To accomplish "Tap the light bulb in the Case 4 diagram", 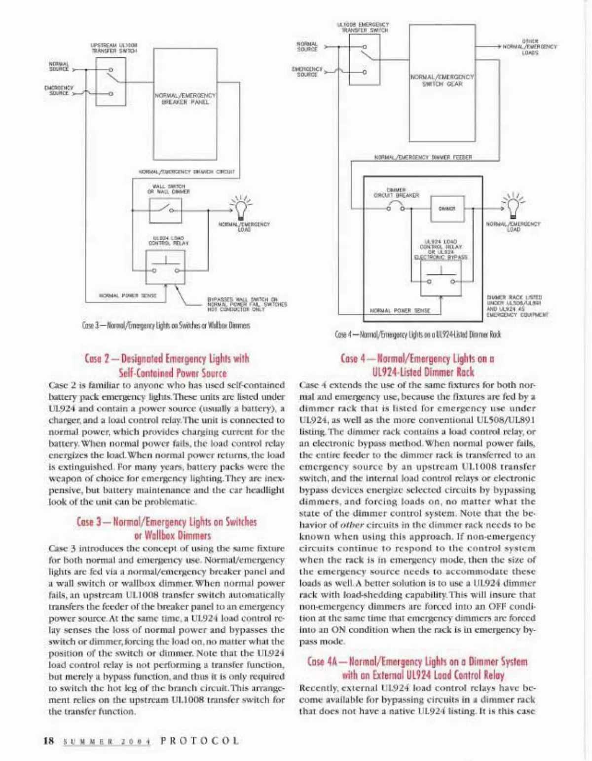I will point(513,204).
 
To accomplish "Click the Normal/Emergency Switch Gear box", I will point(442,84).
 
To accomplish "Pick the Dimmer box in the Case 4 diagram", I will point(447,208).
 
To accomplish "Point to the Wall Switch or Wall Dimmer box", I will point(165,210).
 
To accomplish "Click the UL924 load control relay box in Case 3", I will point(165,266).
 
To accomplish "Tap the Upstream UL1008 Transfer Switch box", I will point(111,81).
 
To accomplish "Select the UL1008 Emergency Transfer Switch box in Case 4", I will point(365,60).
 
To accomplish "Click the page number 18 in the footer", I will point(49,741).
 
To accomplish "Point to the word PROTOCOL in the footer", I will point(200,741).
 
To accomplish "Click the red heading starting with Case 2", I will point(167,366).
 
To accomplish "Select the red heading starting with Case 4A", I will point(417,668).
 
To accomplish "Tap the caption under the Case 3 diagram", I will point(166,326).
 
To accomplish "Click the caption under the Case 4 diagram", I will point(417,334).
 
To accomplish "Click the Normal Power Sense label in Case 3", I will point(128,296).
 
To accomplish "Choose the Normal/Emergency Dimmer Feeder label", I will point(423,157).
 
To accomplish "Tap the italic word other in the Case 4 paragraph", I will point(352,525).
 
